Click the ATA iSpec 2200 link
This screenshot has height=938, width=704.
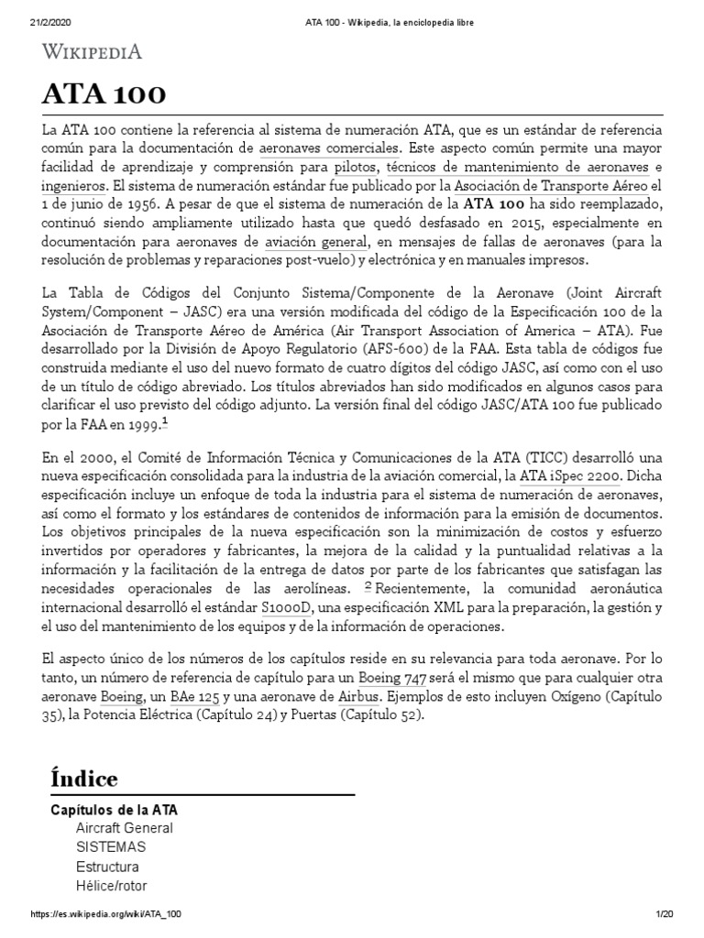click(571, 475)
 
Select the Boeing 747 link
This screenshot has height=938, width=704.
click(392, 679)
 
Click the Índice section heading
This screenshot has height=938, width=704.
click(83, 779)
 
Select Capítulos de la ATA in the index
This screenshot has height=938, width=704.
click(113, 810)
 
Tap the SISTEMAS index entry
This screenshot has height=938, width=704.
click(110, 847)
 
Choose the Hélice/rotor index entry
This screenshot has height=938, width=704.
click(111, 886)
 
